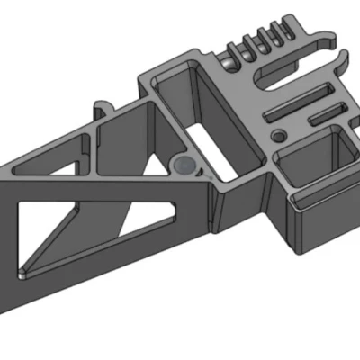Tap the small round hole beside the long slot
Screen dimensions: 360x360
click(x=279, y=133)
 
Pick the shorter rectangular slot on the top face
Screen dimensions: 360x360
click(x=325, y=113)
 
